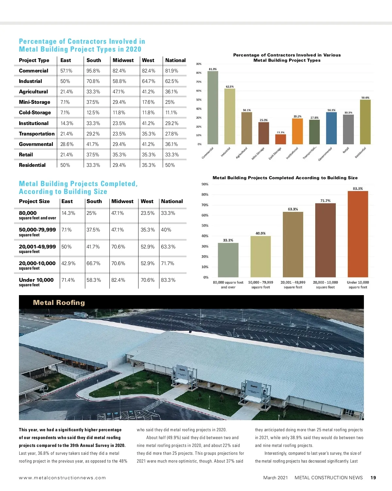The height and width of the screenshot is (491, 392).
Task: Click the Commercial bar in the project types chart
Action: pos(213,108)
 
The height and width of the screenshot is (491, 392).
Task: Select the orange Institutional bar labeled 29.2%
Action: pos(297,131)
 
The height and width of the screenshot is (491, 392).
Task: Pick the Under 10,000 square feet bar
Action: pos(358,234)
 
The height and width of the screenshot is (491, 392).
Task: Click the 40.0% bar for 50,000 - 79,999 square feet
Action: pos(260,257)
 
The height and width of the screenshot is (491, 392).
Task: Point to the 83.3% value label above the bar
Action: pos(358,189)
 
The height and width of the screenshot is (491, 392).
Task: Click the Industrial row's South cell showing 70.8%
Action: pos(93,81)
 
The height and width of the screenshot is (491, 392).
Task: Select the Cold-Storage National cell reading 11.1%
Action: pos(171,113)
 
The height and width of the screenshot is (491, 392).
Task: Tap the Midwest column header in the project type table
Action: pos(123,60)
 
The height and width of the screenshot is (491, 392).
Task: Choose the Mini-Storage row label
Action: pos(35,102)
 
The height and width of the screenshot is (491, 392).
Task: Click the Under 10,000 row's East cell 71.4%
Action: pos(68,280)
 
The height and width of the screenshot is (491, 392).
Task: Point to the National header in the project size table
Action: pos(172,201)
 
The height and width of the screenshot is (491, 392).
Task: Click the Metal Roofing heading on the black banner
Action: pos(59,303)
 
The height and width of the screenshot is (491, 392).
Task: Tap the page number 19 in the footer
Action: pos(373,478)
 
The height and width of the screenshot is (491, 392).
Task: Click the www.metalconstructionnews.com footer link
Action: pos(62,478)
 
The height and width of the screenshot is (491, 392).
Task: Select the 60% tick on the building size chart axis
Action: pos(205,215)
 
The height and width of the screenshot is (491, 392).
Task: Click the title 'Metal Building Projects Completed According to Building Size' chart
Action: pos(285,178)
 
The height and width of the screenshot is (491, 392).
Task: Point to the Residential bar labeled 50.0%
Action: pos(365,122)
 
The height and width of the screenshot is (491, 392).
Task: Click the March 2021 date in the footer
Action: pos(275,478)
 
